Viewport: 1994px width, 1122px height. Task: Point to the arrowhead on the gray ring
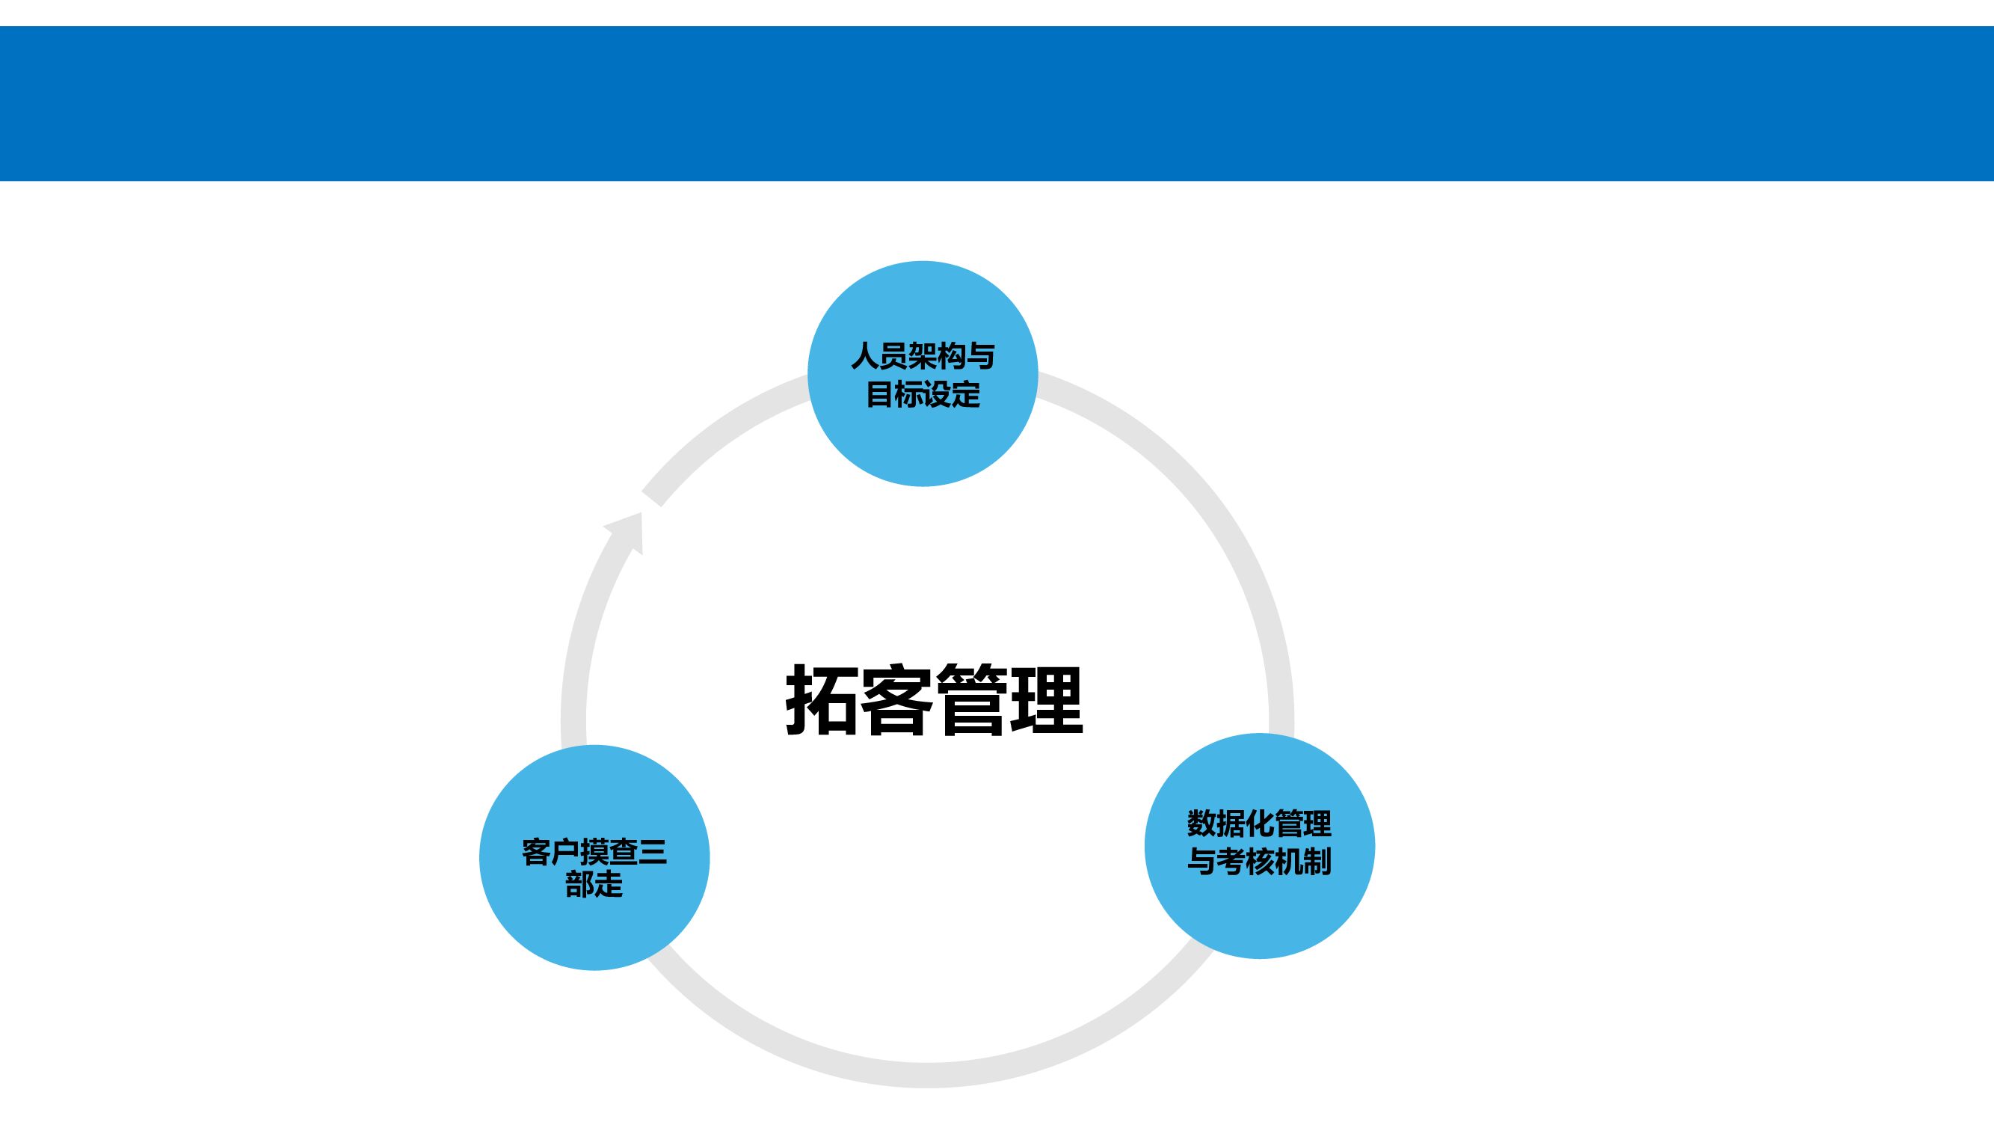pyautogui.click(x=629, y=530)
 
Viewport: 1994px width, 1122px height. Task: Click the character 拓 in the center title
pyautogui.click(x=822, y=699)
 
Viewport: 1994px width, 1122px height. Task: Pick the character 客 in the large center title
pyautogui.click(x=896, y=699)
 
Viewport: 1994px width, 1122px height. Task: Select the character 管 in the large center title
pyautogui.click(x=971, y=699)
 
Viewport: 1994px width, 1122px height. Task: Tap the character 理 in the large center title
pyautogui.click(x=1046, y=699)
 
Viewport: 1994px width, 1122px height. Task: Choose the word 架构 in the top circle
pyautogui.click(x=937, y=357)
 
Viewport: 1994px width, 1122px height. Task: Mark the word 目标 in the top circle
pyautogui.click(x=894, y=395)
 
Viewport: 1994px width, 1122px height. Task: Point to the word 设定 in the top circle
pyautogui.click(x=951, y=395)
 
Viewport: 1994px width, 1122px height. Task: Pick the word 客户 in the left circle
pyautogui.click(x=550, y=853)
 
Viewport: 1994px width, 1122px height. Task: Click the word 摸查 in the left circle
pyautogui.click(x=609, y=853)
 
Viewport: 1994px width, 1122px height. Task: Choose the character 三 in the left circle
pyautogui.click(x=652, y=853)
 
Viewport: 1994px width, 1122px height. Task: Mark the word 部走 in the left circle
pyautogui.click(x=594, y=884)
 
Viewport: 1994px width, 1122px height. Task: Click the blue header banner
pyautogui.click(x=997, y=104)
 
